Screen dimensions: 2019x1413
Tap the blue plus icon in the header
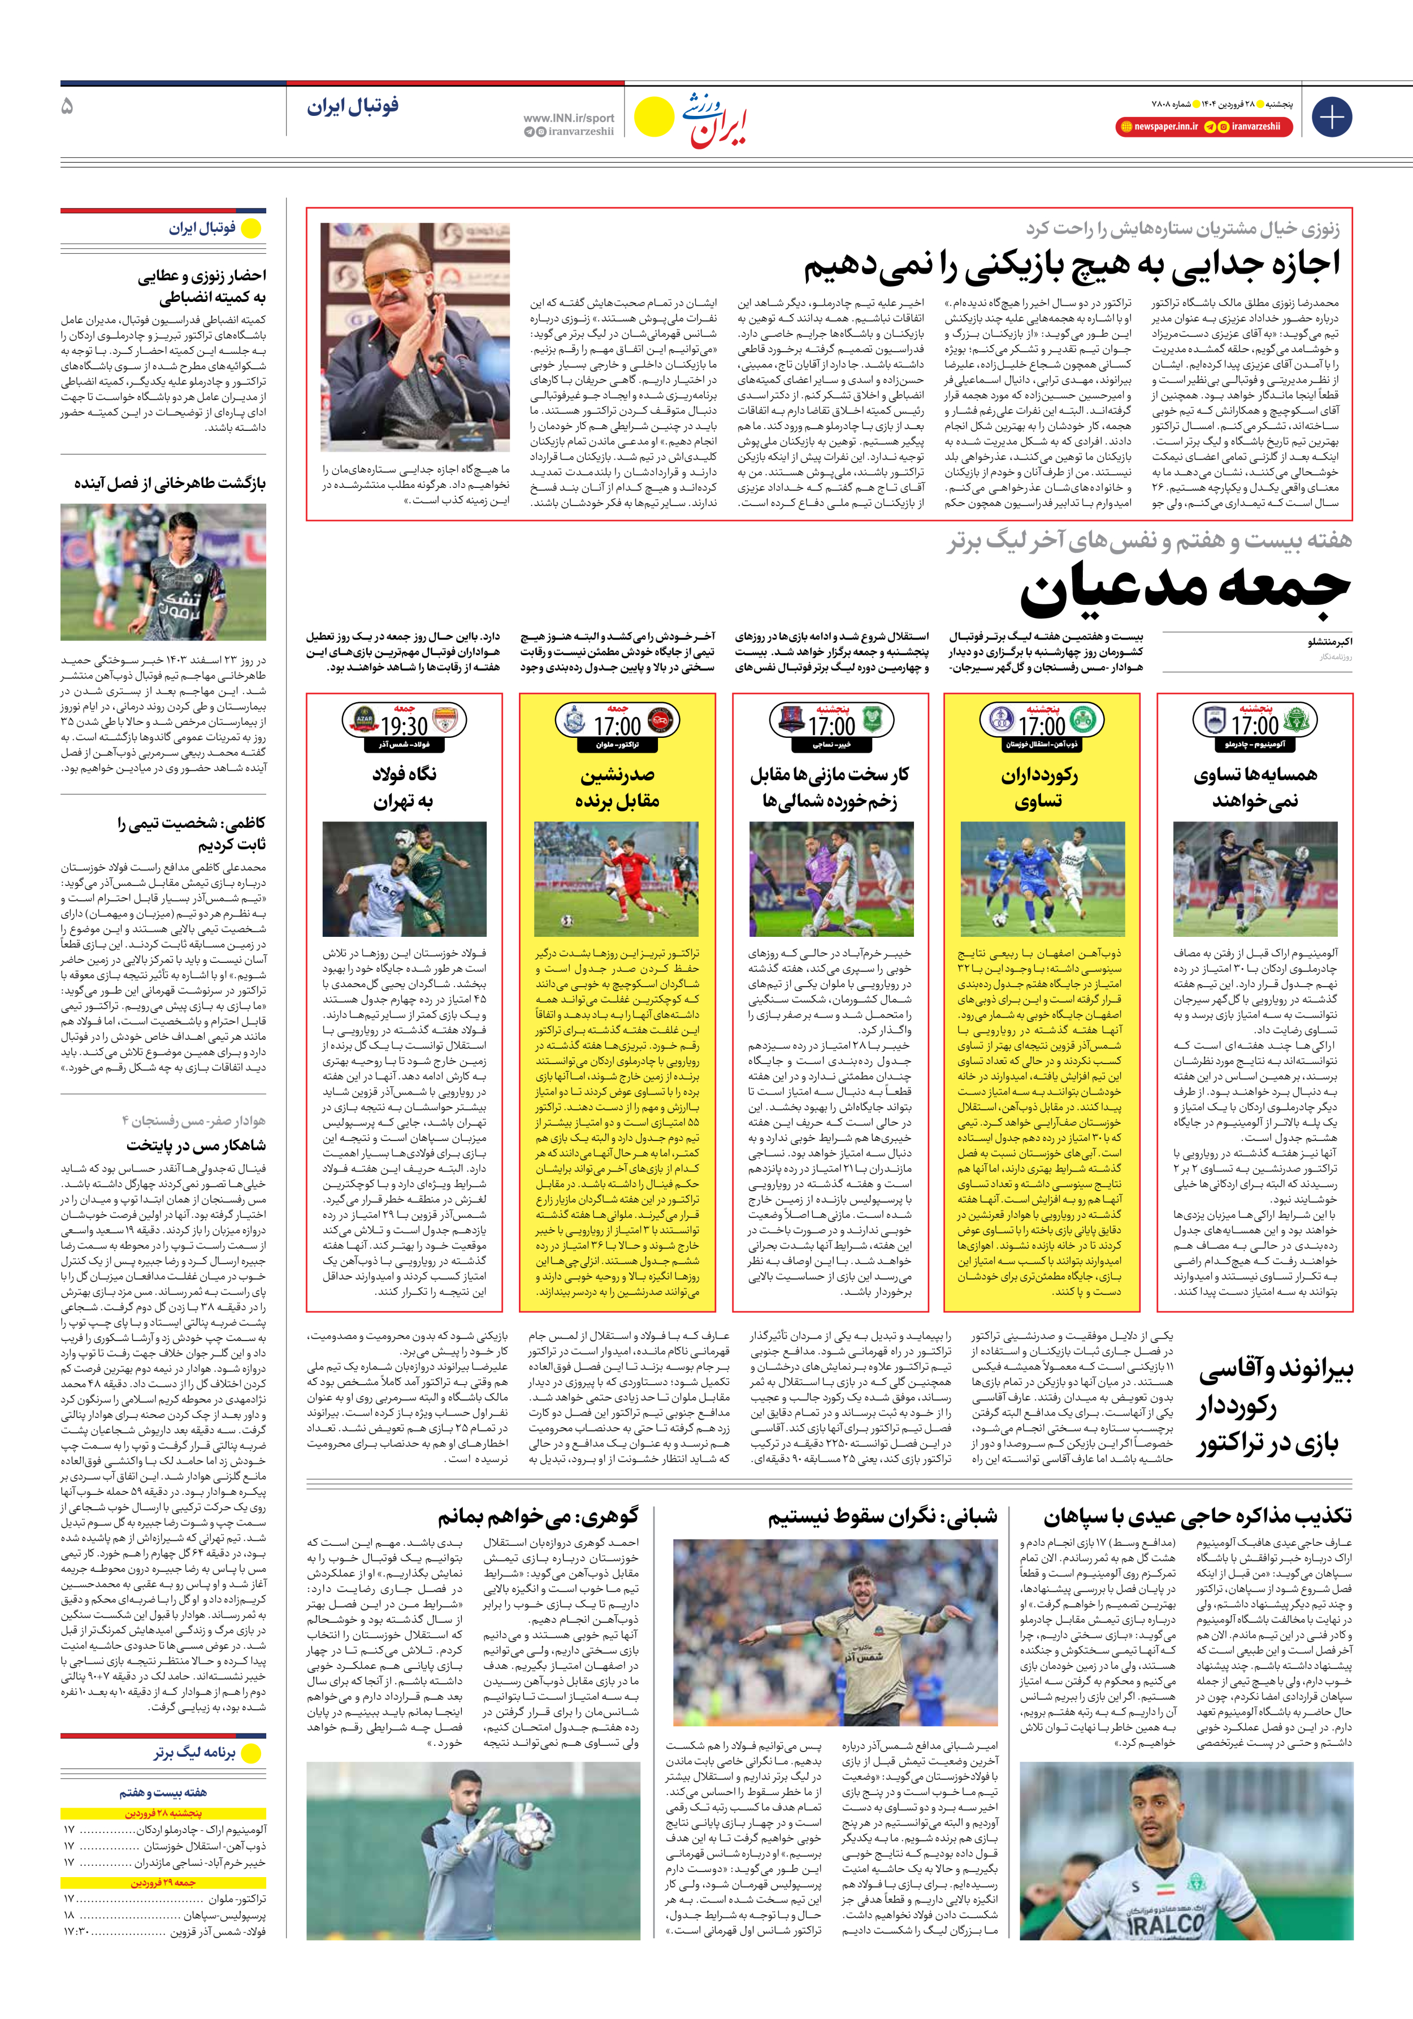(1331, 117)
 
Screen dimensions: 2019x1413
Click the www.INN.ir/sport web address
(568, 118)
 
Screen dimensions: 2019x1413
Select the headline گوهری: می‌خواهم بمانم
(538, 1515)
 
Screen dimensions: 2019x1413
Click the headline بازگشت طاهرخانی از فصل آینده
(170, 483)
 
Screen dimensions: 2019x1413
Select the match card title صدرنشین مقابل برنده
(617, 787)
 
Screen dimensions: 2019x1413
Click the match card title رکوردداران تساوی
(1040, 787)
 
